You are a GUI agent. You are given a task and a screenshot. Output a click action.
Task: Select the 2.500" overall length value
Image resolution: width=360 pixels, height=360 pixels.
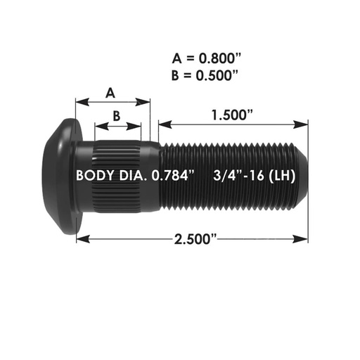pos(193,240)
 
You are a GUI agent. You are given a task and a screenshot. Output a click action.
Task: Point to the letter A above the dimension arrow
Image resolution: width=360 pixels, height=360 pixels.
pos(110,93)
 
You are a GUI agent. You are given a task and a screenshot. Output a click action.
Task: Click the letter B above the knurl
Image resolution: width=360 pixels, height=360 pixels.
pos(117,115)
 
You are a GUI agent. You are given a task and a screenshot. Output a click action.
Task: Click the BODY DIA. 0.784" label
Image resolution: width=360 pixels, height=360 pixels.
pos(136,174)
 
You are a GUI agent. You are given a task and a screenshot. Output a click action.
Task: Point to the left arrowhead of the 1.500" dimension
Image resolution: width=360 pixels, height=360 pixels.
pos(162,124)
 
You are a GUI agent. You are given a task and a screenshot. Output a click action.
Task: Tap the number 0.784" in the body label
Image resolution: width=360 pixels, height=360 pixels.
pos(174,174)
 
